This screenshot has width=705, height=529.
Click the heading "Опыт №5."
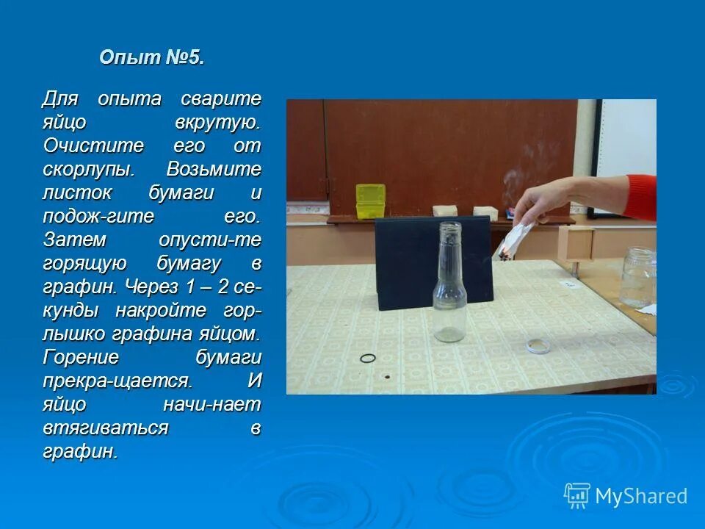click(x=151, y=58)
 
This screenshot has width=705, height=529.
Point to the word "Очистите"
click(x=93, y=145)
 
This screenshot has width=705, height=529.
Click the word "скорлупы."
click(x=88, y=169)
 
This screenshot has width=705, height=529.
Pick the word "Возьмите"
click(x=214, y=169)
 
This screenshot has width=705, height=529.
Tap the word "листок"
click(x=76, y=193)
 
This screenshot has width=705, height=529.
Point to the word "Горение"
click(x=81, y=357)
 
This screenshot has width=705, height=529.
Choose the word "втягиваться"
click(x=106, y=428)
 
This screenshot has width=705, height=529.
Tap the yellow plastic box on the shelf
click(x=371, y=201)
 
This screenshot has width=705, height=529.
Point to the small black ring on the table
click(x=368, y=358)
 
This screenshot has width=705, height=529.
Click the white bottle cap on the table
click(x=538, y=345)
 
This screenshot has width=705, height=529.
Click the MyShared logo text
click(x=641, y=496)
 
